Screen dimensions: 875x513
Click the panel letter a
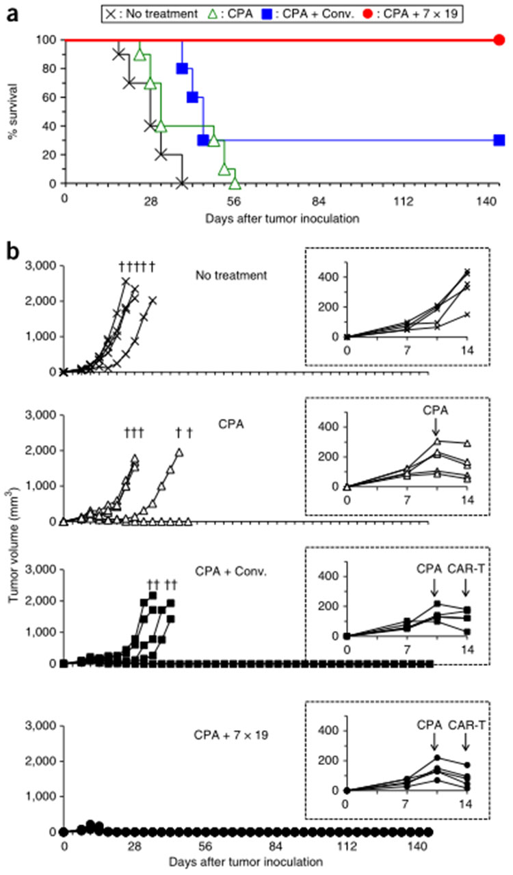(12, 12)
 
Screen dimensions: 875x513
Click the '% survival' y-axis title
(12, 111)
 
